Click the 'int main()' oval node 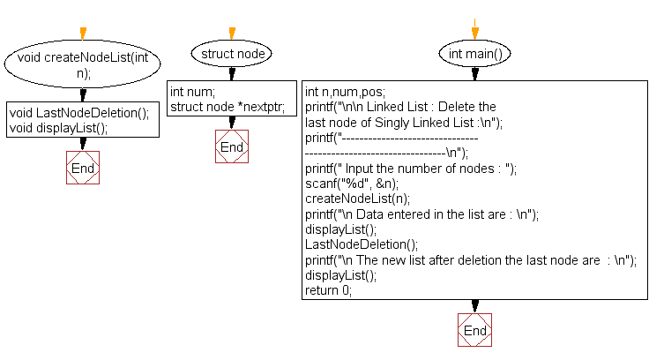tap(474, 54)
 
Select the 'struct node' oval tap(232, 54)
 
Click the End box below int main tap(474, 330)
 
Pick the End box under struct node tap(232, 146)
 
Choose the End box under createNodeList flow tap(83, 168)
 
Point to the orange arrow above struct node tap(232, 33)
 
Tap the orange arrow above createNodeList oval tap(83, 34)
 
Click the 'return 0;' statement tap(328, 290)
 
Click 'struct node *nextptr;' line tap(227, 107)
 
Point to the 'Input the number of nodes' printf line tap(410, 168)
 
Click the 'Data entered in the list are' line tap(421, 214)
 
